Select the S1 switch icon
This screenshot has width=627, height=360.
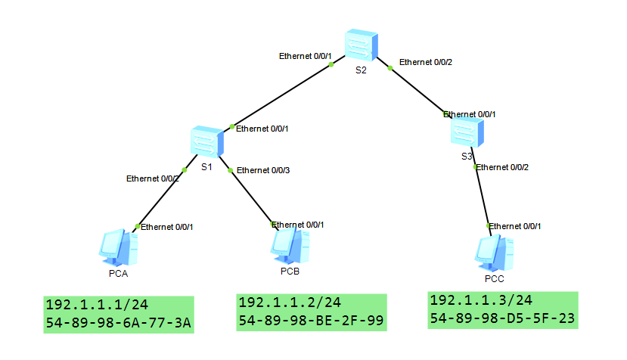[207, 141]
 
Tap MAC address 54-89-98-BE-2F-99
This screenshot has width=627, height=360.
[311, 321]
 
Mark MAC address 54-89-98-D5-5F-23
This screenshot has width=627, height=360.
[503, 318]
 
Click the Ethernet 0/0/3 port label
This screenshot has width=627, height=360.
[263, 171]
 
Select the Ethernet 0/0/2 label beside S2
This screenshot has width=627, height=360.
[426, 62]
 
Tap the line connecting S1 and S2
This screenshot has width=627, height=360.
[281, 95]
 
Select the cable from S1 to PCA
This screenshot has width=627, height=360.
[160, 196]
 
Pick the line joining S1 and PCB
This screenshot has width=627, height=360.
[251, 197]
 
